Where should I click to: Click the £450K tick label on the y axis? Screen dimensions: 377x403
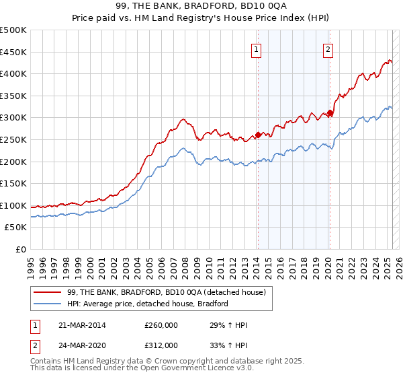tap(13, 52)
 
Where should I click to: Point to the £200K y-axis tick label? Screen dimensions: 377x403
tap(13, 162)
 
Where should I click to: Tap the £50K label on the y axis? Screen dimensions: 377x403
tap(16, 228)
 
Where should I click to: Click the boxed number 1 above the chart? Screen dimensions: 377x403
tap(257, 48)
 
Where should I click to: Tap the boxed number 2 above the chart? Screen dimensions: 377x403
tap(328, 48)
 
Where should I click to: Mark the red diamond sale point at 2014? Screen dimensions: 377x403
tap(258, 135)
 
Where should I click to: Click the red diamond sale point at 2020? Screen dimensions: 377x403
tap(330, 113)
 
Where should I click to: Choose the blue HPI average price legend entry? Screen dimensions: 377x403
tap(148, 304)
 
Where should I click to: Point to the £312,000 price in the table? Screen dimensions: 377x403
tap(161, 345)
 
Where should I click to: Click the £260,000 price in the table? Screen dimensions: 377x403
tap(161, 326)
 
